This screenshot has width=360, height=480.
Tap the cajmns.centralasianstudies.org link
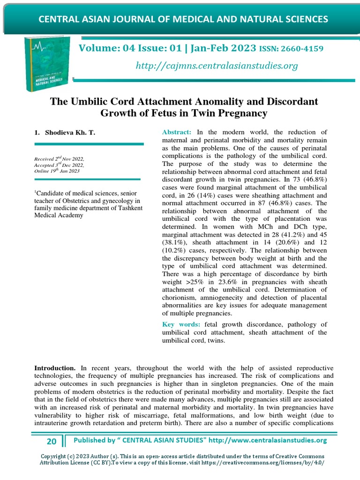click(217, 66)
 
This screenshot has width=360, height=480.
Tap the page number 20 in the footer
click(52, 441)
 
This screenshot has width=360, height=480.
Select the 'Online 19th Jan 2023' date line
click(57, 171)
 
